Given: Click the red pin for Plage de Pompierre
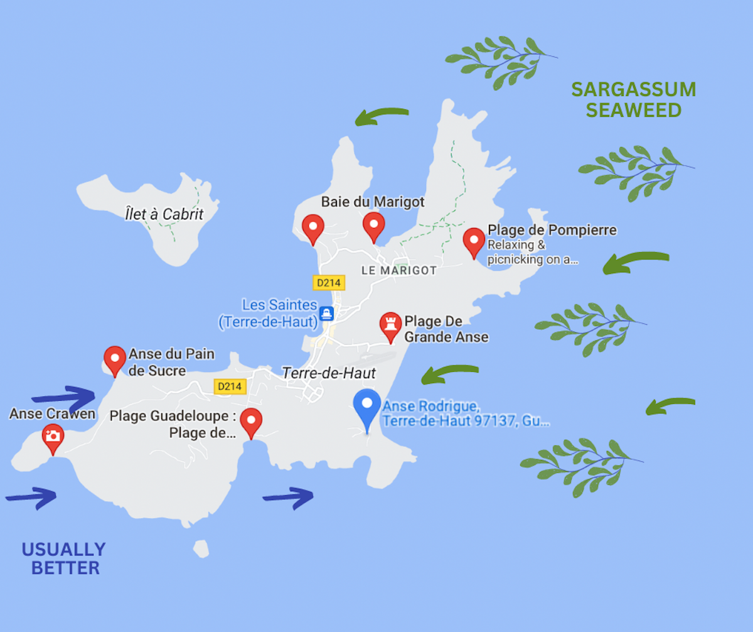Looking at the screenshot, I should coord(474,241).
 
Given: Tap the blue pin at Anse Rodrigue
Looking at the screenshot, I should coord(367,406).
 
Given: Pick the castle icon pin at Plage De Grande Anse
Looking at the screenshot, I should coord(391,325).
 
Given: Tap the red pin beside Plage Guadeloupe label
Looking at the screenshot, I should coord(251,421).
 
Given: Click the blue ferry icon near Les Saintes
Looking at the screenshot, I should coord(326,313).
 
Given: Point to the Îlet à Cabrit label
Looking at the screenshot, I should coord(164,214).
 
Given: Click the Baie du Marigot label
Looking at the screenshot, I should coord(373,202).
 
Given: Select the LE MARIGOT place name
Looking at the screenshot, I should coord(399,270).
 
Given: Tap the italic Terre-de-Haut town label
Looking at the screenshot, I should coord(329,373).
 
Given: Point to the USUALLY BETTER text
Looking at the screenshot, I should coord(64,558).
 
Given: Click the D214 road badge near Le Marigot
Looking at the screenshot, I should coord(329,283).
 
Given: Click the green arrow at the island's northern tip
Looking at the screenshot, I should coord(382,116).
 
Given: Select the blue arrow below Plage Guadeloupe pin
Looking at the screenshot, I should coord(288,498).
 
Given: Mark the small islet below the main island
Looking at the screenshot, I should coord(201,548).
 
